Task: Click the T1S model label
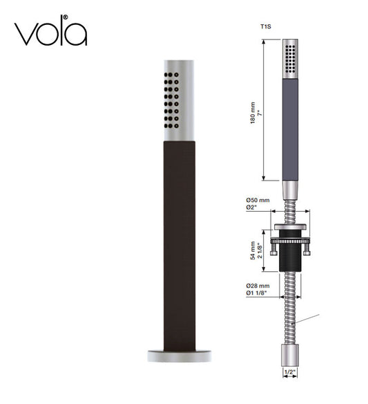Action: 265,27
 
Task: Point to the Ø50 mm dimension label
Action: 257,201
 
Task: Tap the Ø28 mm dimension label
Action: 257,285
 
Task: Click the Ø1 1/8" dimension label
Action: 256,293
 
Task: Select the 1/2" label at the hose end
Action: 289,373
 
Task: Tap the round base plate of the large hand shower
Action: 177,356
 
